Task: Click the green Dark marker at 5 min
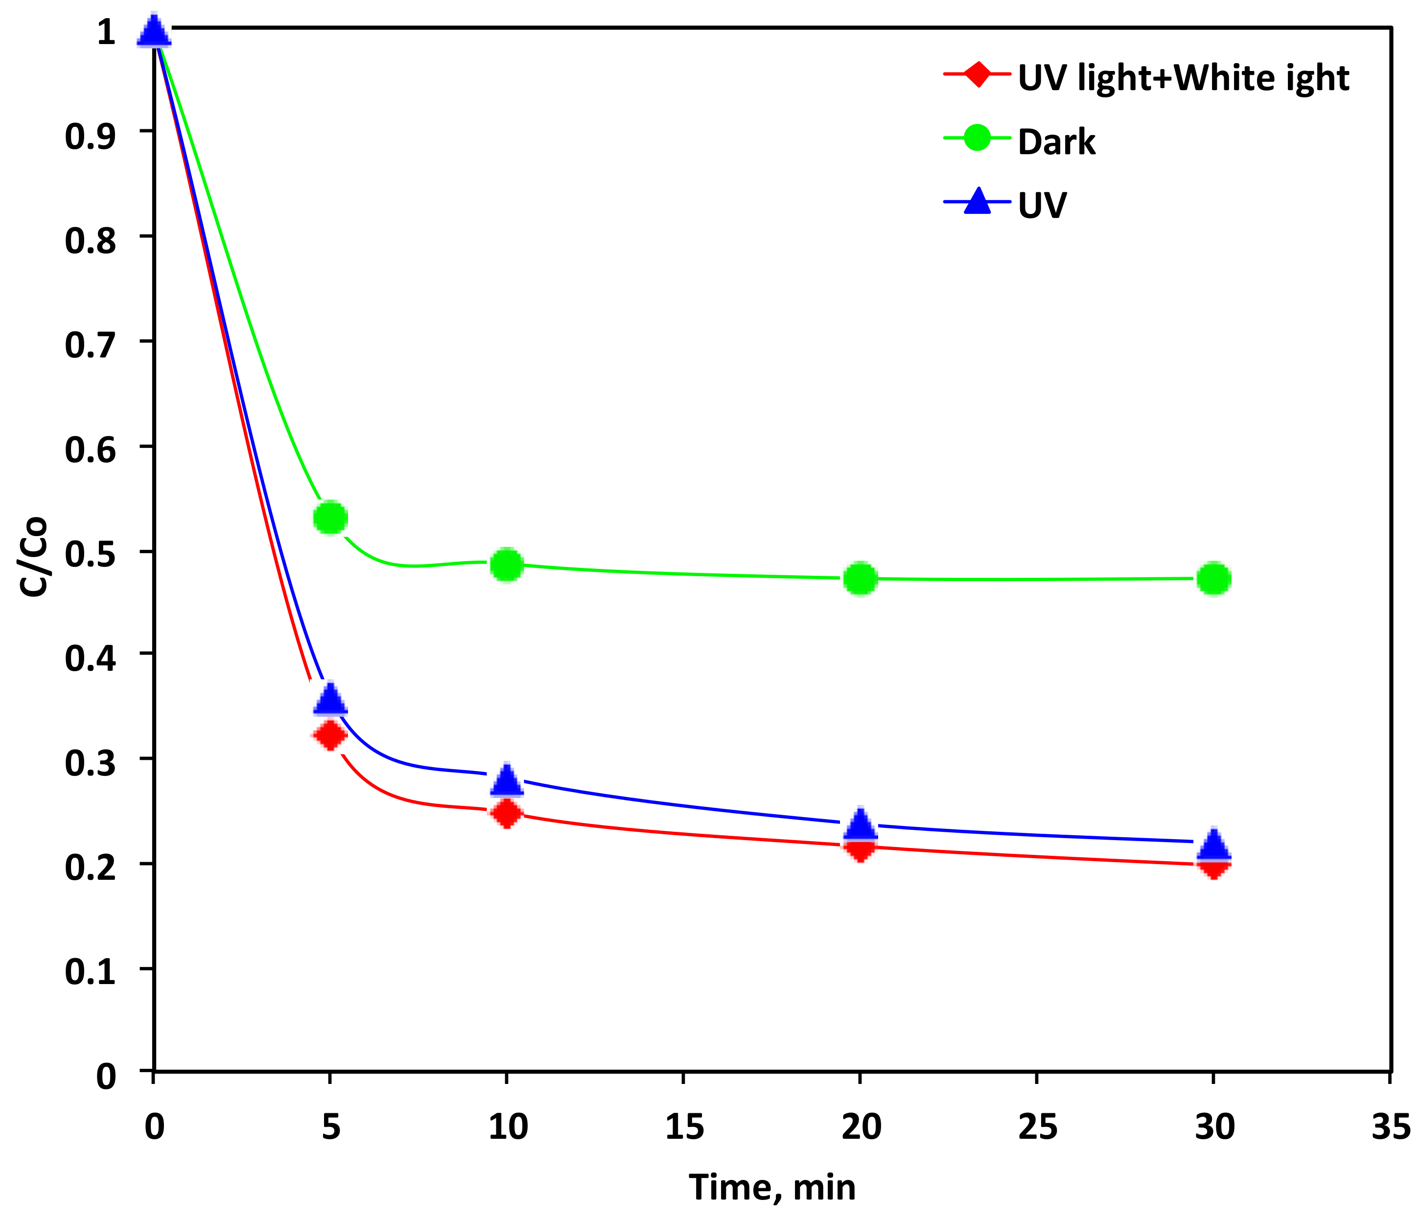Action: coord(330,517)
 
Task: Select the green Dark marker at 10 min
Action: coord(507,565)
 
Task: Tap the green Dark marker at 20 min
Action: coord(860,579)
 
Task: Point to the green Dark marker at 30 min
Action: coord(1214,579)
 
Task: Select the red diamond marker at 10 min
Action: coord(507,814)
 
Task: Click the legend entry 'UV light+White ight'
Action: coord(1183,77)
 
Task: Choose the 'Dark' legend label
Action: coord(1056,142)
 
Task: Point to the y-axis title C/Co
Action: coord(33,557)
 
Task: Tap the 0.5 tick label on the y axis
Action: coord(90,554)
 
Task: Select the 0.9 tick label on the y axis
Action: coord(90,136)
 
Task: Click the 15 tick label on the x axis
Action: coord(683,1127)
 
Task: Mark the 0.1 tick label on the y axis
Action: coord(90,972)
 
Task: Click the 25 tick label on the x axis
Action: coord(1037,1127)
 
